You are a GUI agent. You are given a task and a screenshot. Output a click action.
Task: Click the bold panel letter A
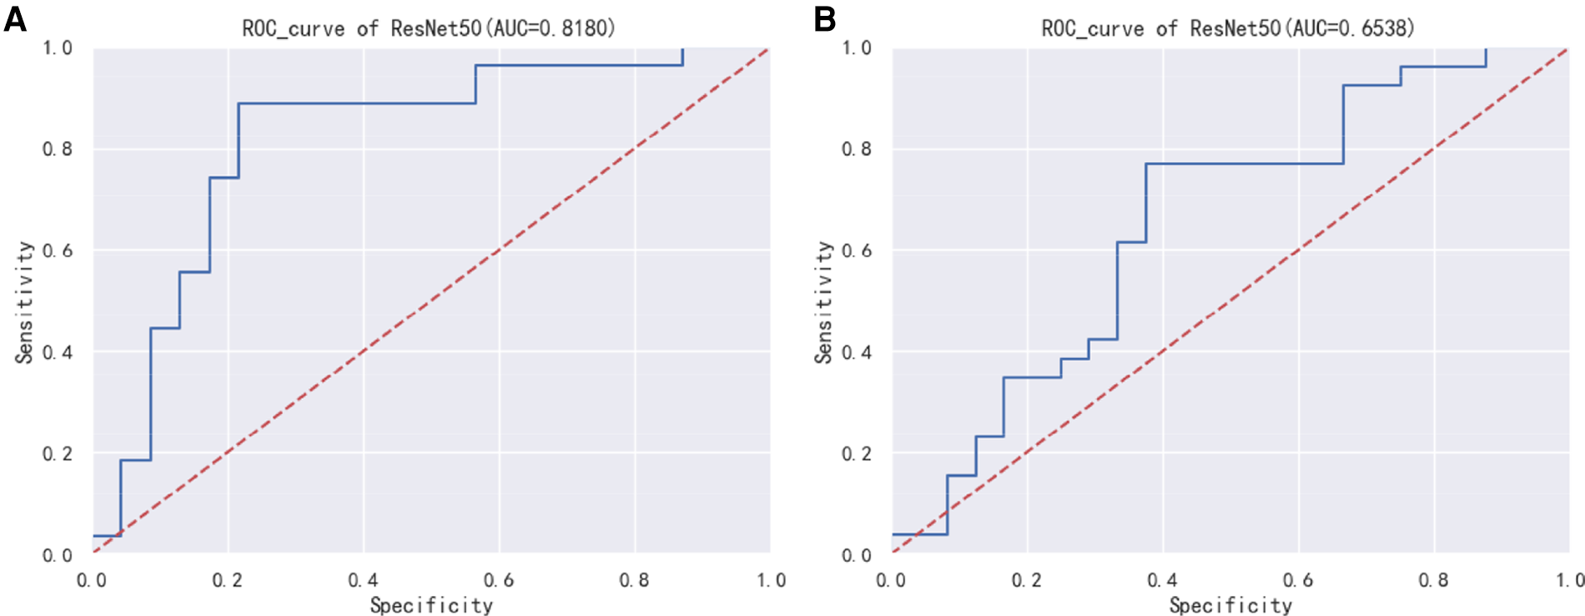15,18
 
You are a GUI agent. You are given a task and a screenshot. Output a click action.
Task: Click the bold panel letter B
824,18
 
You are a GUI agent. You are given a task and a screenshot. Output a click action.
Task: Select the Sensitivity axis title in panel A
24,302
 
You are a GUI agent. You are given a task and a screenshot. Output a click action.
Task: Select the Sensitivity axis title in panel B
823,302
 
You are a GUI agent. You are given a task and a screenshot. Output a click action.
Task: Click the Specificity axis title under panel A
431,605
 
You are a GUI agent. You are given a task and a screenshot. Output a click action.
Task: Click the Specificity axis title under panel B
1230,605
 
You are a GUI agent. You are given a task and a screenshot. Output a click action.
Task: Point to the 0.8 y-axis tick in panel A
58,149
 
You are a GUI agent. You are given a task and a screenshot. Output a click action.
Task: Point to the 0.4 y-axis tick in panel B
857,352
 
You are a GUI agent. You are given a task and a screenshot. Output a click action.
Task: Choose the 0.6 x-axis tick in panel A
498,580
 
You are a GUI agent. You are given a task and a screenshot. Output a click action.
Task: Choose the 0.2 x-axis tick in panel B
1027,580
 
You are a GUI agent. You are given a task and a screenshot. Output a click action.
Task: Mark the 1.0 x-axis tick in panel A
770,580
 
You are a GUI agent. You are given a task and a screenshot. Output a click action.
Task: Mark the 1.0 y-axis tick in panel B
857,48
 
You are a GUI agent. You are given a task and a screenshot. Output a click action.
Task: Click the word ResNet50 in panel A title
435,28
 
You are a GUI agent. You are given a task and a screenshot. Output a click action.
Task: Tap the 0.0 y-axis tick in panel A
58,555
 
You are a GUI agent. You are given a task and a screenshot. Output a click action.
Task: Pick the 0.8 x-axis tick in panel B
1433,580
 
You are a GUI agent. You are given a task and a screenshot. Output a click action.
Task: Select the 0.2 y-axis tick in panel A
58,453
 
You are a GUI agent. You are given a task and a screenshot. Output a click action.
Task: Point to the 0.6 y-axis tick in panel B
857,250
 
